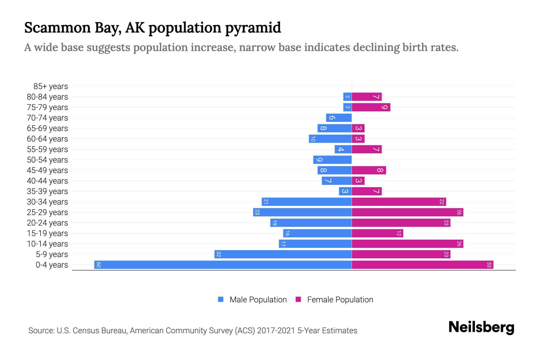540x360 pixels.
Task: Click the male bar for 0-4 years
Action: point(223,265)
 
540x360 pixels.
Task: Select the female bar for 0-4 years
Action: point(422,265)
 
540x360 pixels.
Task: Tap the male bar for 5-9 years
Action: point(283,254)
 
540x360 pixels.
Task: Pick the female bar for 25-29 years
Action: point(407,212)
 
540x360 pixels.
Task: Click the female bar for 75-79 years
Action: point(371,107)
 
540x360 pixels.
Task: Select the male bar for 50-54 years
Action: point(332,160)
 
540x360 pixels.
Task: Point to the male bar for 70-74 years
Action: point(339,118)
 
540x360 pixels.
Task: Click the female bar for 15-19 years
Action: point(377,233)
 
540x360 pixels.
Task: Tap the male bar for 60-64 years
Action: point(330,139)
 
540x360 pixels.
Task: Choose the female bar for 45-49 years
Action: point(369,170)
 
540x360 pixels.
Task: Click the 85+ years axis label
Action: point(51,86)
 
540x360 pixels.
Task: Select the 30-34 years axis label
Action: point(47,202)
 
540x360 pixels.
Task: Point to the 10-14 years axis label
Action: point(47,244)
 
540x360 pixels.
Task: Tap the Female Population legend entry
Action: point(334,299)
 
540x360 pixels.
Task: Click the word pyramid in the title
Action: point(253,28)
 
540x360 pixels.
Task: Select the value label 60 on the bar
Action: point(98,265)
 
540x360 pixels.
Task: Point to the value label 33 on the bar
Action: point(489,265)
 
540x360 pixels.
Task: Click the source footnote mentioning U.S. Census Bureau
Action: point(193,330)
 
